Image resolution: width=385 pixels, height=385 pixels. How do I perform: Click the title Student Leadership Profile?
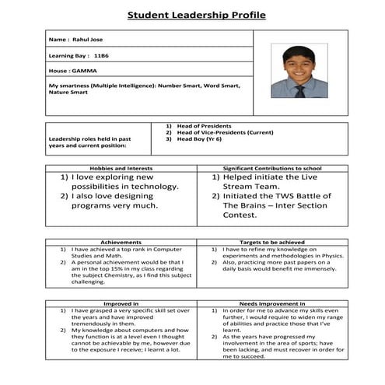196,15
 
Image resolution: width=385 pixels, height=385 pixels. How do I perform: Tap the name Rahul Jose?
86,40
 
